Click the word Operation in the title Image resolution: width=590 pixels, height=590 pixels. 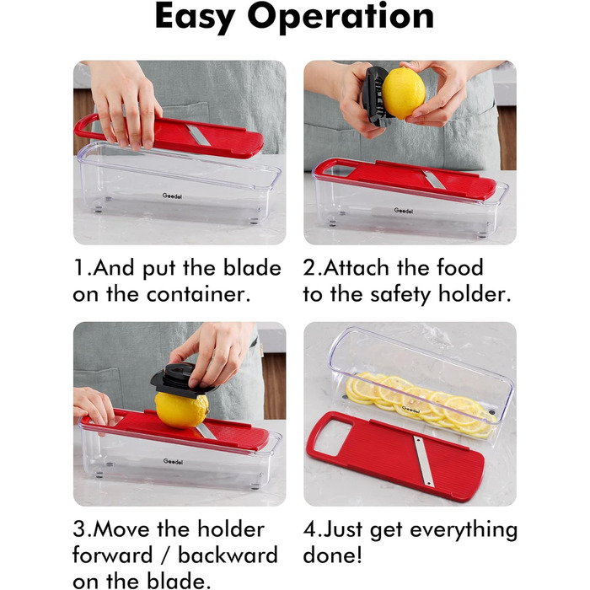click(x=341, y=18)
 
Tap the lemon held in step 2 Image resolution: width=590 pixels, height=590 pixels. click(x=403, y=93)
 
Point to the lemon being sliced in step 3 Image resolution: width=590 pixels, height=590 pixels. click(x=182, y=410)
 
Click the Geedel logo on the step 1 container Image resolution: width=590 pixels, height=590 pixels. click(x=172, y=196)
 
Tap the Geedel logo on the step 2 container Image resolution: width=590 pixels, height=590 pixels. click(x=404, y=211)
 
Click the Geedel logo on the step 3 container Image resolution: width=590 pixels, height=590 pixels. click(x=173, y=461)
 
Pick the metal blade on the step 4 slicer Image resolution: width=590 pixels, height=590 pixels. click(x=422, y=460)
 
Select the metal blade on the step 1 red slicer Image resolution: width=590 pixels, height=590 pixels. click(x=199, y=136)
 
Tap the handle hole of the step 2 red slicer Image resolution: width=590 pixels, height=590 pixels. click(x=338, y=170)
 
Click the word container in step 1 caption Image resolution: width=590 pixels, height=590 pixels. click(x=198, y=294)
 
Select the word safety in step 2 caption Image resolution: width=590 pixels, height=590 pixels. click(x=401, y=295)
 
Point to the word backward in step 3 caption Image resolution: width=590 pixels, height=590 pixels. click(x=228, y=555)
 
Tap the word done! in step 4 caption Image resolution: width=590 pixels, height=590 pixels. click(x=332, y=555)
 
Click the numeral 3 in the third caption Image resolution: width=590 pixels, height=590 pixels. click(x=80, y=529)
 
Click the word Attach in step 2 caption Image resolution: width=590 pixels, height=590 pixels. click(x=356, y=268)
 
